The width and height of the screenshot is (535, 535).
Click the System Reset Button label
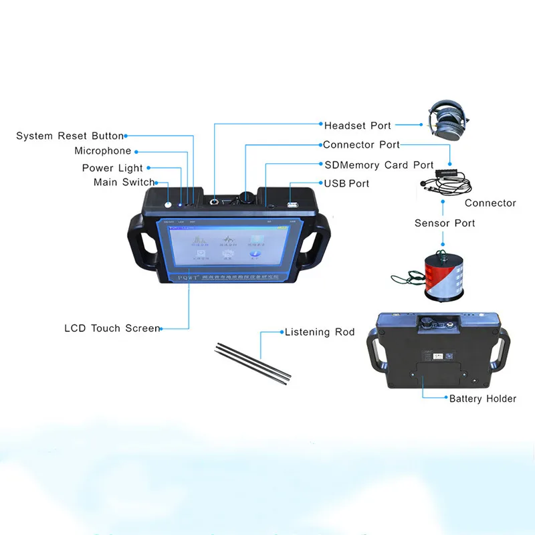[70, 136]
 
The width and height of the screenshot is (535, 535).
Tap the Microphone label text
[102, 151]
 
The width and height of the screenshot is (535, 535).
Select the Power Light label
[112, 168]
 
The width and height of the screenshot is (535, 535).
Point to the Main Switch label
[124, 182]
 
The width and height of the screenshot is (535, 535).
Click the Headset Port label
[358, 125]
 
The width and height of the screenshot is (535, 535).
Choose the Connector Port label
[361, 144]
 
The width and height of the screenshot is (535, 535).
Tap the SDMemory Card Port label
[379, 165]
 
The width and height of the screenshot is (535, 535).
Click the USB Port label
[346, 183]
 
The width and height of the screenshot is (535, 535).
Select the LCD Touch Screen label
[112, 328]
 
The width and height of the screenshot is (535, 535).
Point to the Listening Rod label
[320, 332]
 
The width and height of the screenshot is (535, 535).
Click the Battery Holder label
[482, 399]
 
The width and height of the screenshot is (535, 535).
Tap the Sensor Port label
[445, 223]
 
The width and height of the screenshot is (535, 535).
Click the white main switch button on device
[168, 205]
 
